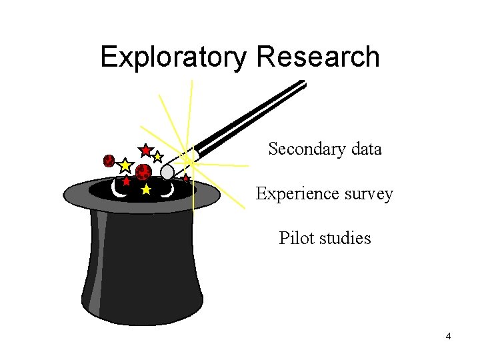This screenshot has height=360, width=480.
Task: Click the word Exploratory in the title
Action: tap(174, 58)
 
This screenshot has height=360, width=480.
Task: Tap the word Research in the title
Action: tap(317, 57)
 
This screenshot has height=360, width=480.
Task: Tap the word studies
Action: tap(345, 238)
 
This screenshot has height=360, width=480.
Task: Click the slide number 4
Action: tap(448, 337)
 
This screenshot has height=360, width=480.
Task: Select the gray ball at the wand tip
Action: tap(167, 173)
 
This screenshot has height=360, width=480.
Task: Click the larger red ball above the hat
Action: tap(143, 172)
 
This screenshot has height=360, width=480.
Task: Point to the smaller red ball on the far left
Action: tap(109, 161)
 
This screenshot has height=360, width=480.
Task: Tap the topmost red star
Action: tap(145, 150)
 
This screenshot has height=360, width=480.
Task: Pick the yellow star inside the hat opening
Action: tap(146, 190)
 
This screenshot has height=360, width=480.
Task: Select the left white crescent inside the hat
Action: tap(119, 191)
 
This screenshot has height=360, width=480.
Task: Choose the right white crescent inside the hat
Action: tap(168, 191)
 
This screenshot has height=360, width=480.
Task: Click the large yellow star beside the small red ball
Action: tap(125, 165)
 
